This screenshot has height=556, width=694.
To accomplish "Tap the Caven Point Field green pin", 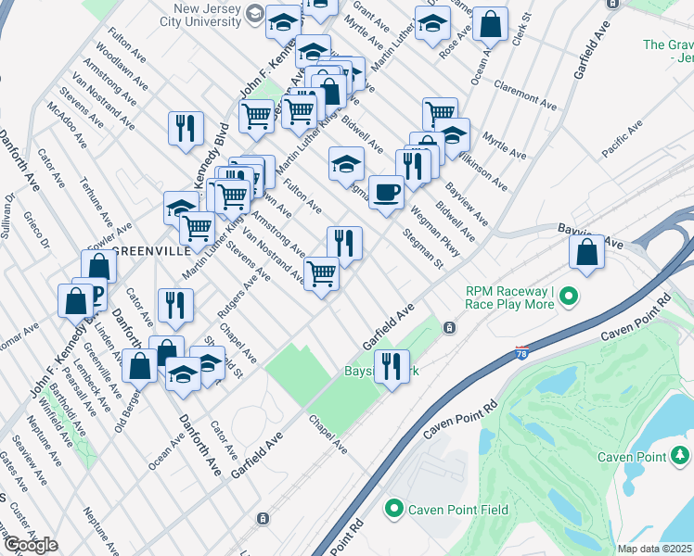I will (393, 509).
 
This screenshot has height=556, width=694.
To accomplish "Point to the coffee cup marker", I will (387, 193).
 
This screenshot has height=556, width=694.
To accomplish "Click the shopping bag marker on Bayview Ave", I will (587, 252).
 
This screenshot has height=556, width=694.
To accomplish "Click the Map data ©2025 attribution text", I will (655, 549).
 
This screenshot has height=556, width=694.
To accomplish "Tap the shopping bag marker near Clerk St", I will (491, 25).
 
